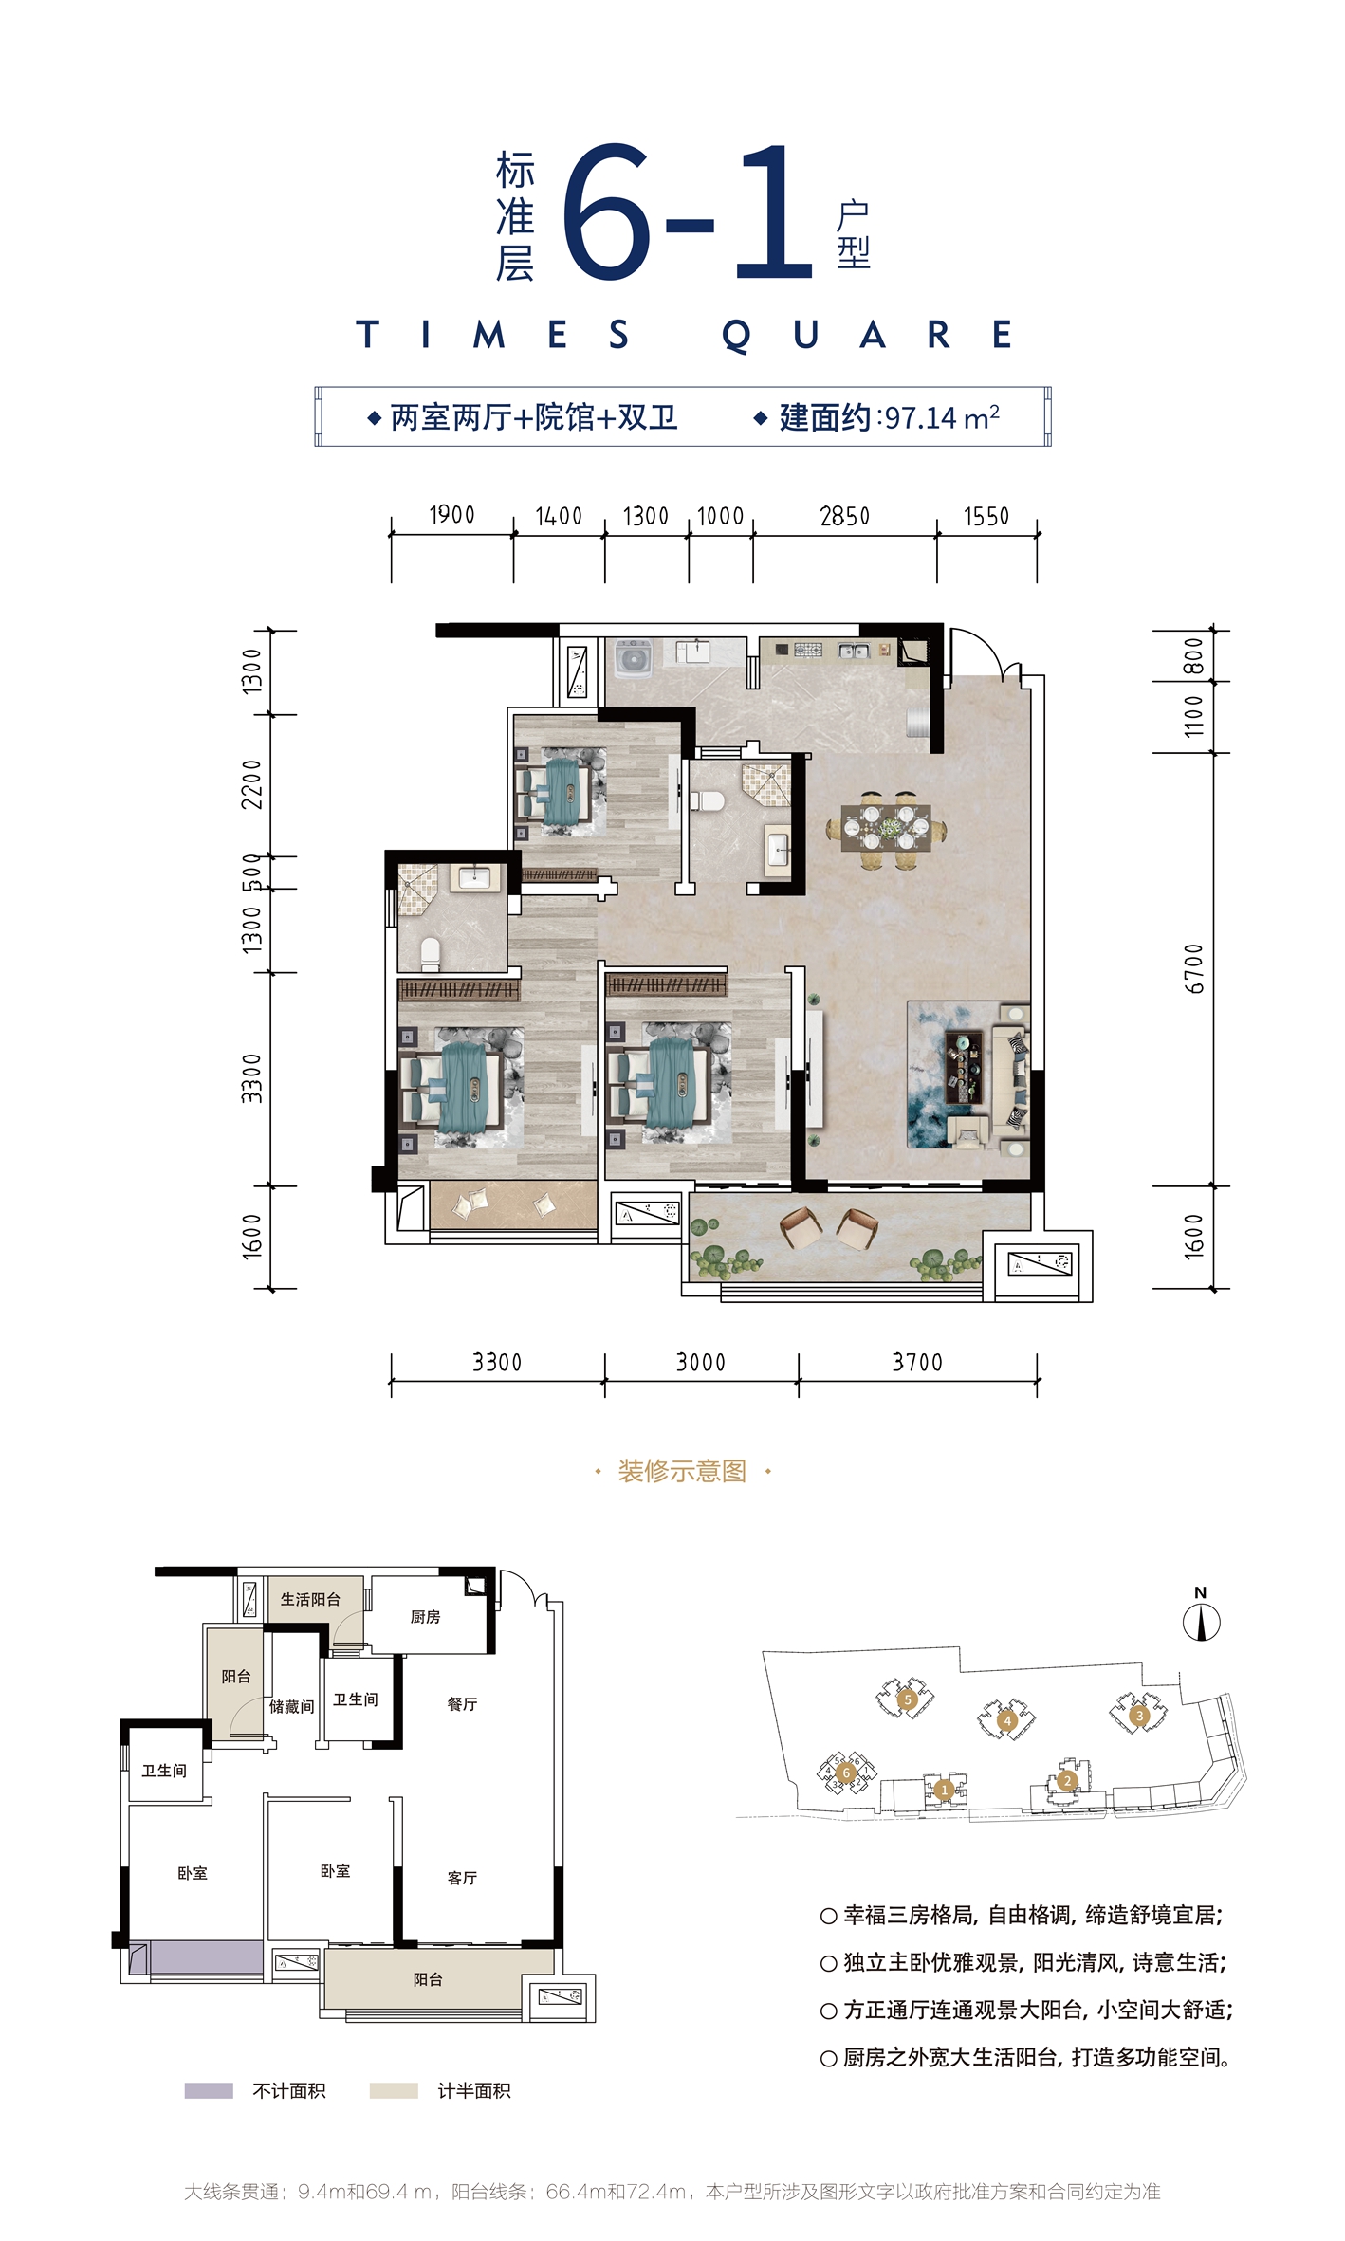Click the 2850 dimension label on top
[844, 516]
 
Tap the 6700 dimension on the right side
[1194, 968]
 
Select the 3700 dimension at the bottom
[917, 1363]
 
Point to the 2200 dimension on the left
[251, 784]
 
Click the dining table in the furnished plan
[887, 828]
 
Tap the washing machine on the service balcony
[633, 658]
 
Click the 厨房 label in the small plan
[425, 1617]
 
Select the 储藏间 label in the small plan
[291, 1707]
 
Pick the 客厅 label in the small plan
[462, 1878]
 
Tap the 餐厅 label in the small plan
[462, 1704]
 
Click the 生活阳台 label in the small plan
[310, 1600]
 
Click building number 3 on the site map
[1139, 1716]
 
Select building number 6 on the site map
[846, 1773]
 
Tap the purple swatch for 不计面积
[209, 2091]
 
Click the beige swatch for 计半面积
[394, 2091]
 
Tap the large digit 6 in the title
[608, 212]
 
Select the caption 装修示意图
[682, 1472]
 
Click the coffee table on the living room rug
[963, 1068]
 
